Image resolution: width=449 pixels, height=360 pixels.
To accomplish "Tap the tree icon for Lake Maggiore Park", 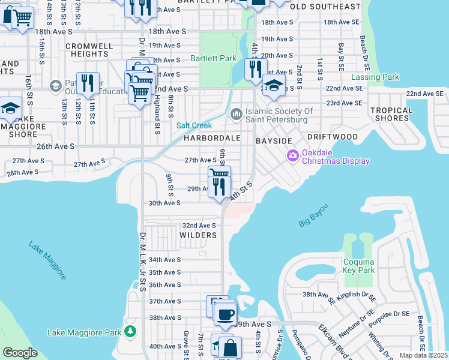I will coord(130,331).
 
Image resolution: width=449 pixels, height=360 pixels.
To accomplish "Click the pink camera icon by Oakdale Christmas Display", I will coord(293,156).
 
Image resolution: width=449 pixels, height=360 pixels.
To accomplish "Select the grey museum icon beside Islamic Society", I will coord(237,113).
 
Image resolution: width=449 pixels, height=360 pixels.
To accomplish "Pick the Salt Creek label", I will coord(192,125).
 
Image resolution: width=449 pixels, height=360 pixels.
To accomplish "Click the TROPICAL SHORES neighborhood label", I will coord(391,114).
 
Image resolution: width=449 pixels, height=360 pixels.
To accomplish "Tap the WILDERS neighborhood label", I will coord(197,235).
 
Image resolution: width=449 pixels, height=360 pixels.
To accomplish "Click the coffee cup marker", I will coord(225,314).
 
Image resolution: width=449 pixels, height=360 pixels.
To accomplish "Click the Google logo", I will coord(20,353).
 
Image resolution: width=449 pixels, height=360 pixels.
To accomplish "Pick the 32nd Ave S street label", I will coord(199,225).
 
